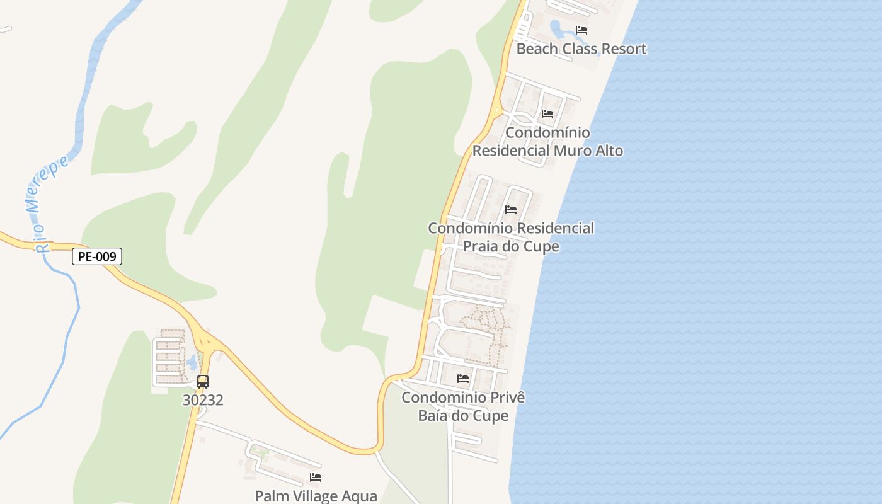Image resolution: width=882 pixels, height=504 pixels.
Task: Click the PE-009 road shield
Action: tap(96, 256)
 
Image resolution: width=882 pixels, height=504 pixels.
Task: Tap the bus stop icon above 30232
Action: tap(203, 381)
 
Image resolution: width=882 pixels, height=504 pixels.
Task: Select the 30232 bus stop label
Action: tap(203, 399)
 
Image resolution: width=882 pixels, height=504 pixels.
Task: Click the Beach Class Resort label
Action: tap(581, 49)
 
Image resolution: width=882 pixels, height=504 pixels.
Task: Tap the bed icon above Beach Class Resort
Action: tap(581, 30)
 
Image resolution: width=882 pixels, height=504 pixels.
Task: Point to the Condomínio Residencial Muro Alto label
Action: tap(547, 142)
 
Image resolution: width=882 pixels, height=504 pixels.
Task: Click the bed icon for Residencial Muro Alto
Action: tap(547, 114)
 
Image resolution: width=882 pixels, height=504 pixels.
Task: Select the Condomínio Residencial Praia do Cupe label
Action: tap(511, 237)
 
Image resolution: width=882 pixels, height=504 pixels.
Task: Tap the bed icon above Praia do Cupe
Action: tap(511, 209)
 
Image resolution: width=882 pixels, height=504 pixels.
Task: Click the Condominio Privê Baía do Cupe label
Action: tap(463, 406)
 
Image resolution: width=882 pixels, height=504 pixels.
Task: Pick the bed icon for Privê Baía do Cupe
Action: tap(463, 379)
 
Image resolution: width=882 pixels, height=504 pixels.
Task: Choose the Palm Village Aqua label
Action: tap(316, 496)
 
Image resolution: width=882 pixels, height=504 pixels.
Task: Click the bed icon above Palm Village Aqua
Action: tap(316, 478)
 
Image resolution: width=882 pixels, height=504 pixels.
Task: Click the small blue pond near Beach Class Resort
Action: tap(559, 28)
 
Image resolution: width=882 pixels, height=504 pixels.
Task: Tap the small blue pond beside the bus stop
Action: tap(192, 362)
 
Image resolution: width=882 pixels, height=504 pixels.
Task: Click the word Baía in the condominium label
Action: tap(435, 416)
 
